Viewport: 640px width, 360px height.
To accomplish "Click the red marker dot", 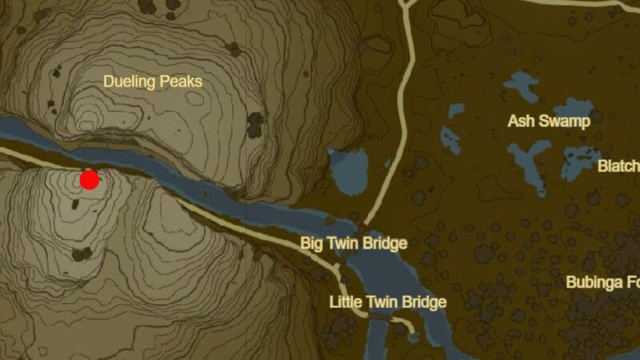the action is tap(89, 180).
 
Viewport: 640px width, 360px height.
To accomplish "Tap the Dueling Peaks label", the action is tap(153, 81).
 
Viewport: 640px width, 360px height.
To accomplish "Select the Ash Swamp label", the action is tap(549, 121).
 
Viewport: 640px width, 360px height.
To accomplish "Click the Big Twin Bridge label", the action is tap(354, 243).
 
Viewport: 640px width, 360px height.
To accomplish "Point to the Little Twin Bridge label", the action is tap(387, 302).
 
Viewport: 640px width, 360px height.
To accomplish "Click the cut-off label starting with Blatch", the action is tap(618, 166).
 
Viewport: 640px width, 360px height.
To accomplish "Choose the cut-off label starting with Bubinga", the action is tap(602, 282).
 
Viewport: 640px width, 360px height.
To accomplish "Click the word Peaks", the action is tap(182, 81).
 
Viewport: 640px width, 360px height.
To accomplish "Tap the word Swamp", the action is tap(566, 121).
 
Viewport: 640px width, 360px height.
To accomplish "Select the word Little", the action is tap(346, 302).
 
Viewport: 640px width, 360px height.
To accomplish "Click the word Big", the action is tap(312, 243).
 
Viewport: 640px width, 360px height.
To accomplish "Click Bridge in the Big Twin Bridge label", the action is tap(385, 243).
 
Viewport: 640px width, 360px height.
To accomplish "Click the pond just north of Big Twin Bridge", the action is tap(350, 172).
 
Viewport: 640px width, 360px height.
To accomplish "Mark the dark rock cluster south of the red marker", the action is tap(82, 254).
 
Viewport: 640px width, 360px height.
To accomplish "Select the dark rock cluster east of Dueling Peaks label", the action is tap(255, 124).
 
